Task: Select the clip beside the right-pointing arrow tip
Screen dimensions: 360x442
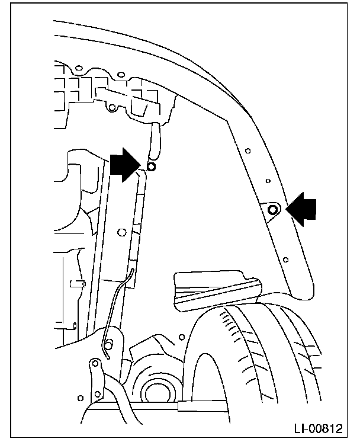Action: click(x=152, y=168)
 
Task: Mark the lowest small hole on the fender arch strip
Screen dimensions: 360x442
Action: click(x=286, y=259)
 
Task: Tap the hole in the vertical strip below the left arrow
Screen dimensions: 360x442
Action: click(x=121, y=232)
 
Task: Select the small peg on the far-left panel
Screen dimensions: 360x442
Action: click(x=75, y=283)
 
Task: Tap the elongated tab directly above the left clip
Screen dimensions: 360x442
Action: click(x=155, y=139)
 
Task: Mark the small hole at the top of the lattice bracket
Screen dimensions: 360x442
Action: click(x=121, y=75)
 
